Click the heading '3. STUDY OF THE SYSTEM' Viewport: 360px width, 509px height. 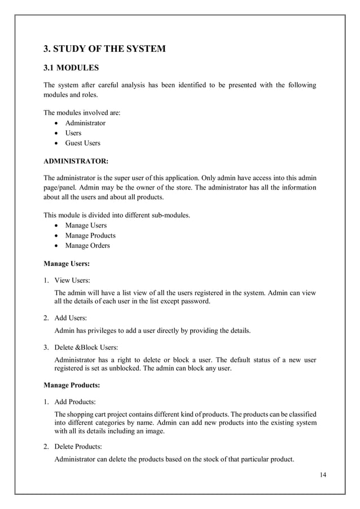tap(104, 49)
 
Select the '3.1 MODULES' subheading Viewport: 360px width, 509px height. tap(71, 69)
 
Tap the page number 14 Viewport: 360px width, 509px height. tap(322, 473)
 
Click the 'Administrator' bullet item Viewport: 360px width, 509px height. tap(85, 123)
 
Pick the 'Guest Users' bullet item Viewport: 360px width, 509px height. tap(82, 143)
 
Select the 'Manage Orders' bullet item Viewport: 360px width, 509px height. tap(87, 245)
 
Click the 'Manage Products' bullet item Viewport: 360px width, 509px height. tap(90, 235)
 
